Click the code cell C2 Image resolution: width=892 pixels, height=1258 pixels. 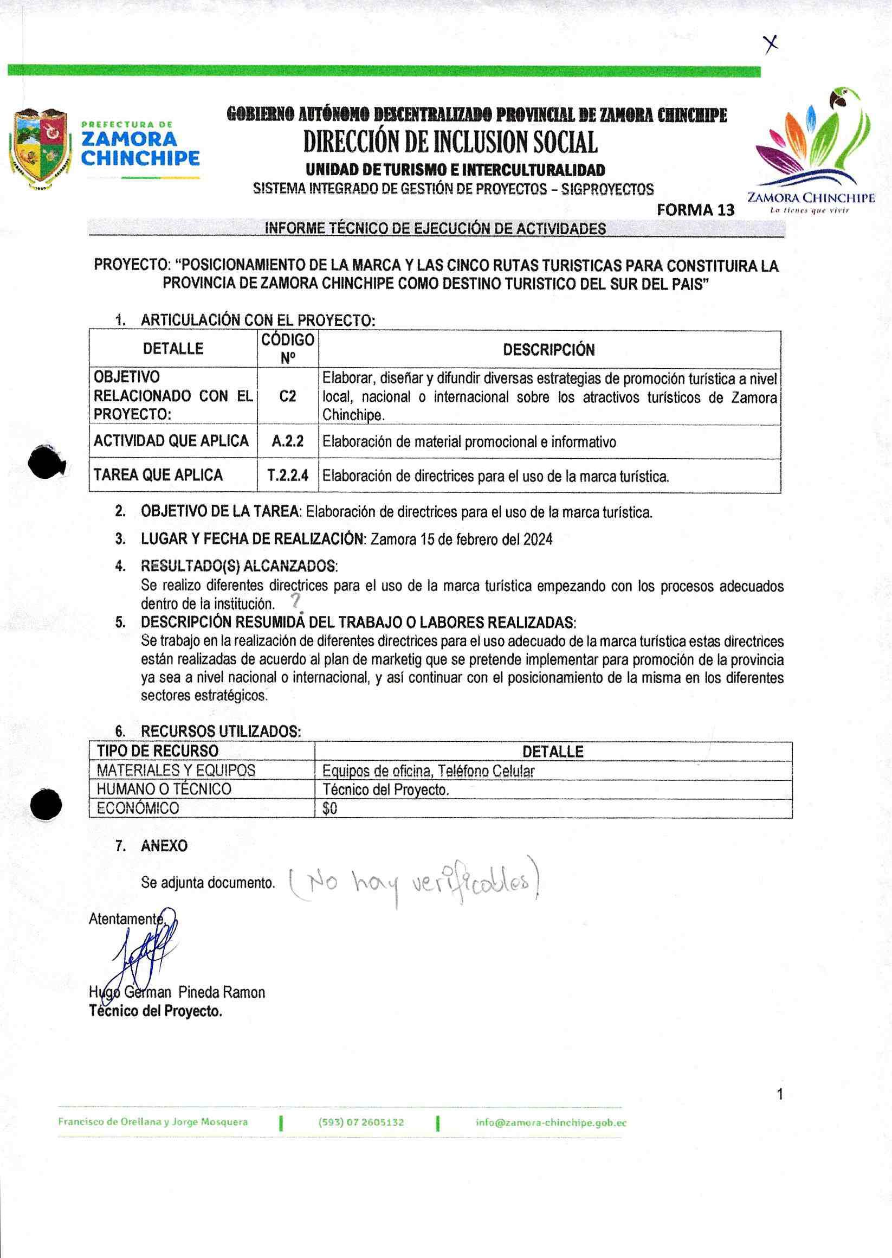(x=287, y=396)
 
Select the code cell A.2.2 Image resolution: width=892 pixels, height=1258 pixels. (x=287, y=441)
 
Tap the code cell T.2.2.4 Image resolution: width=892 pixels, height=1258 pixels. (x=288, y=476)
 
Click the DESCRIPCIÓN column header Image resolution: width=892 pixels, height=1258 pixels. (x=549, y=350)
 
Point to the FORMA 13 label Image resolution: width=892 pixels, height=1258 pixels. (x=695, y=210)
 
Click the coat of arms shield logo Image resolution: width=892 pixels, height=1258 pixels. (x=41, y=149)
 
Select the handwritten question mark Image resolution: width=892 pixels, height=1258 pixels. (x=296, y=604)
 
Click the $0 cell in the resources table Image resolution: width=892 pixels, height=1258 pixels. (x=330, y=808)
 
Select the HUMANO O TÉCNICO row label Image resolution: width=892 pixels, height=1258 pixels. (x=164, y=789)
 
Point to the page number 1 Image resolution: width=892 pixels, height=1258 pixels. (x=780, y=1080)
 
